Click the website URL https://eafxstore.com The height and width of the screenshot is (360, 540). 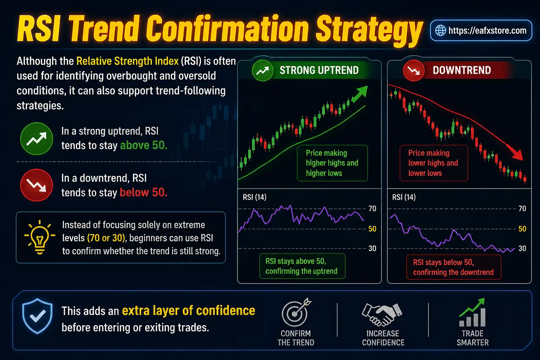(487, 31)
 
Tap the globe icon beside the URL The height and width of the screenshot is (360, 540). (441, 31)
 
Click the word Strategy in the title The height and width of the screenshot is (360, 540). (369, 30)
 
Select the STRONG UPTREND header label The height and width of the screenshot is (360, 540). (319, 70)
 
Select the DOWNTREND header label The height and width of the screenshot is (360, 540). (462, 70)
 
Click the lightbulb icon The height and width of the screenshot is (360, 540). (39, 237)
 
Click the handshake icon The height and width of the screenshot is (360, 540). (382, 314)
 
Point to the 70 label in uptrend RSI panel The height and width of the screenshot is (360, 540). (372, 209)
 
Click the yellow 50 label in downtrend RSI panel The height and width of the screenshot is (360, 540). (522, 229)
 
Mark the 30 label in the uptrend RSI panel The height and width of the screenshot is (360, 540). (372, 249)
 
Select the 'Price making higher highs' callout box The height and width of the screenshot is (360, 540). (332, 163)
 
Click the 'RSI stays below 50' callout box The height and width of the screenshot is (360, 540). (453, 267)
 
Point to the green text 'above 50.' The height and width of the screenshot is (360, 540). (143, 146)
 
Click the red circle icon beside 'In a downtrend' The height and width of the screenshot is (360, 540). (37, 185)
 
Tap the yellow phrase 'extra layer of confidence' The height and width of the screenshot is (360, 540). (188, 311)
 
